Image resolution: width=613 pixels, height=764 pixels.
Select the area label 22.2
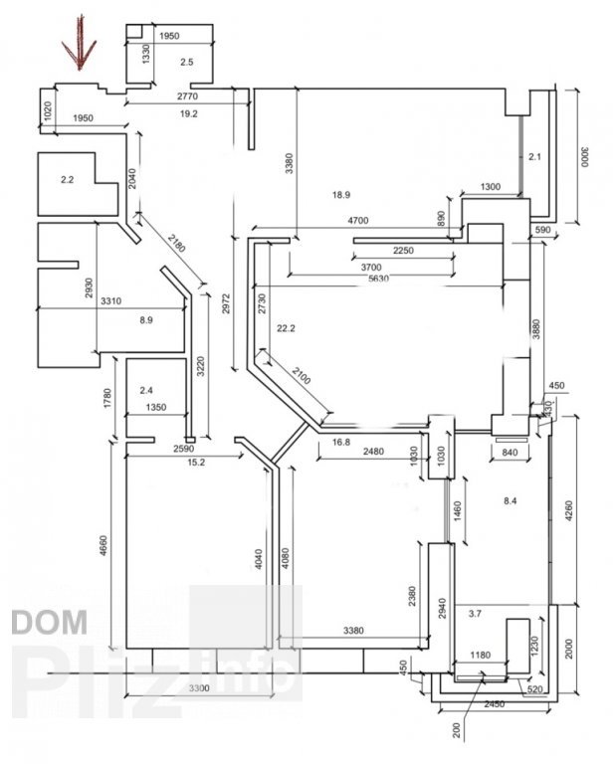[x=288, y=328]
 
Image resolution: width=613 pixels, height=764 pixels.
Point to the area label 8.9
[x=145, y=320]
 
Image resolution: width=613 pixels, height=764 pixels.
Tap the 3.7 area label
[x=474, y=614]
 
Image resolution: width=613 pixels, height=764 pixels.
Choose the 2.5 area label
[x=186, y=63]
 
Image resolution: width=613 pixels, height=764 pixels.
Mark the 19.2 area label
[x=189, y=113]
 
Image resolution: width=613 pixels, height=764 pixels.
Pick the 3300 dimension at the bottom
[x=201, y=687]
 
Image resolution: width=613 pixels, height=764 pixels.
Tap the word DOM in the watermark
[x=49, y=623]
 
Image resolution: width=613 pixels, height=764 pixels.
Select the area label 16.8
[x=342, y=443]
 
